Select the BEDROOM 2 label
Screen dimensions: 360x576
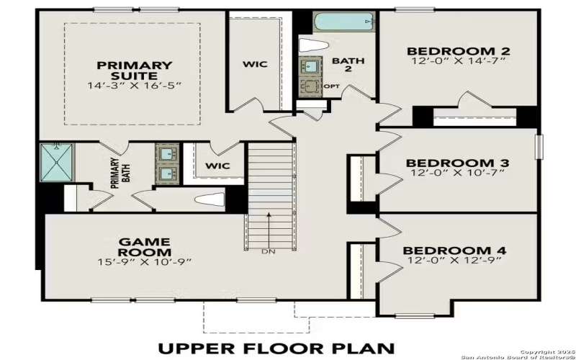[x=458, y=51]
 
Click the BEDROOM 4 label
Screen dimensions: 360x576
[x=456, y=251]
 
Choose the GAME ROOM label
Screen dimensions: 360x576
[x=145, y=247]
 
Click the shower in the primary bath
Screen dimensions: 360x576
[x=56, y=163]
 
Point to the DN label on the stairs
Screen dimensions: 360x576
[x=269, y=252]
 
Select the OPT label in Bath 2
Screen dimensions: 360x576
[x=332, y=86]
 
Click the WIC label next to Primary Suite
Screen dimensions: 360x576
[x=254, y=64]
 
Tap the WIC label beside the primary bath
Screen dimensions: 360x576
[x=217, y=166]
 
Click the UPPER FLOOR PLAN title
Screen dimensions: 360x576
[x=287, y=348]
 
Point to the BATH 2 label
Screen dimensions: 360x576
[x=343, y=65]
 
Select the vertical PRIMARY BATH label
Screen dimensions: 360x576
[x=114, y=174]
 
